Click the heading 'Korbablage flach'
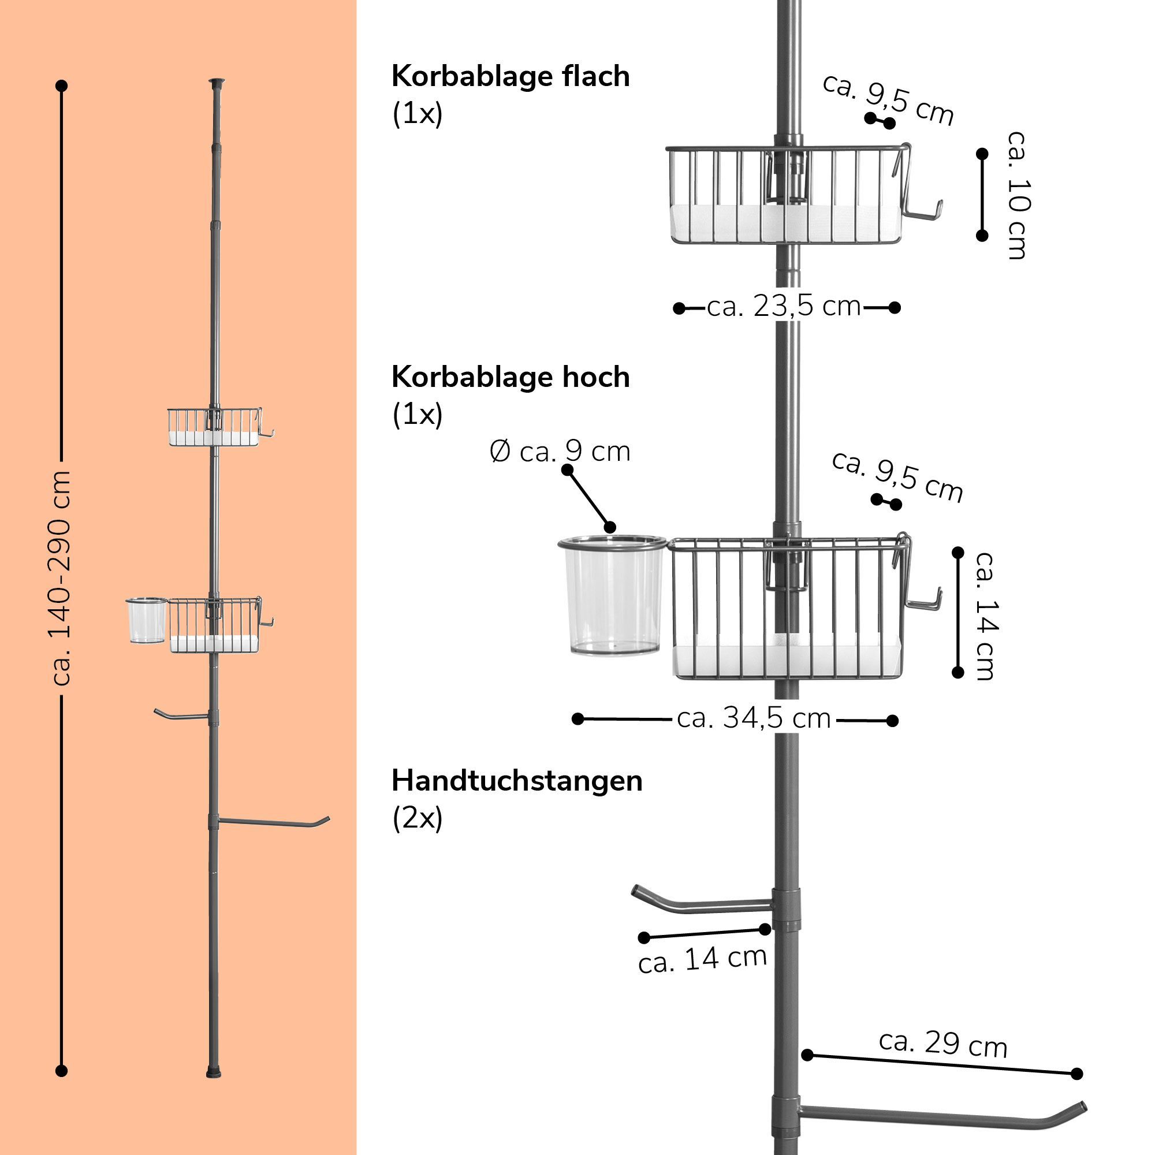pos(511,77)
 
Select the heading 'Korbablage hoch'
pos(511,378)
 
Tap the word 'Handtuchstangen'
pos(517,781)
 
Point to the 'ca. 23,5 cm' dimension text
pos(784,307)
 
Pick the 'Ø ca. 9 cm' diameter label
pos(560,452)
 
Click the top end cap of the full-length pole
pos(217,81)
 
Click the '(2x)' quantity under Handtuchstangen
pos(418,818)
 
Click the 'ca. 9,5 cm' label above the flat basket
pos(888,99)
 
